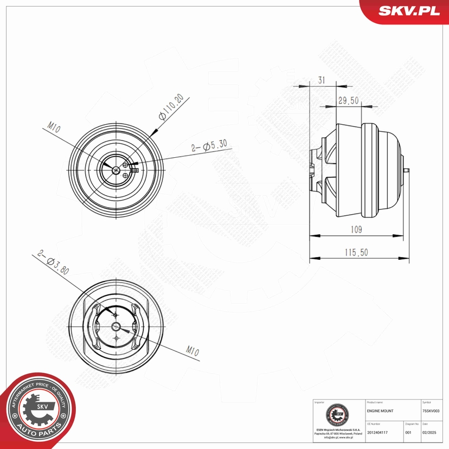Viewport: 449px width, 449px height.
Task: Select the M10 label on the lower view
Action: pos(192,352)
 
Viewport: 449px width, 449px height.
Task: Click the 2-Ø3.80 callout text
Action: pos(54,264)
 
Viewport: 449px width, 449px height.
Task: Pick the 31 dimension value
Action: pos(322,80)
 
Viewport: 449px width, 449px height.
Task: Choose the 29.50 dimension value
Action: pos(349,101)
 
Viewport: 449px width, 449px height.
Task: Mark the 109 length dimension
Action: pos(355,229)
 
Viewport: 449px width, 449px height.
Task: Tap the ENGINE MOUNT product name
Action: pos(380,412)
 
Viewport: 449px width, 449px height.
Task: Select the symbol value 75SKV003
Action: pos(434,412)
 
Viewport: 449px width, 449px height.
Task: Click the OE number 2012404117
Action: pos(377,432)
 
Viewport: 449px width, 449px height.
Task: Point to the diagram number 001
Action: pos(408,432)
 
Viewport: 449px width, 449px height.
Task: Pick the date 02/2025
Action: pos(428,432)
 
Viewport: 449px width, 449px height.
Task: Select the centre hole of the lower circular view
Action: pos(116,326)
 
